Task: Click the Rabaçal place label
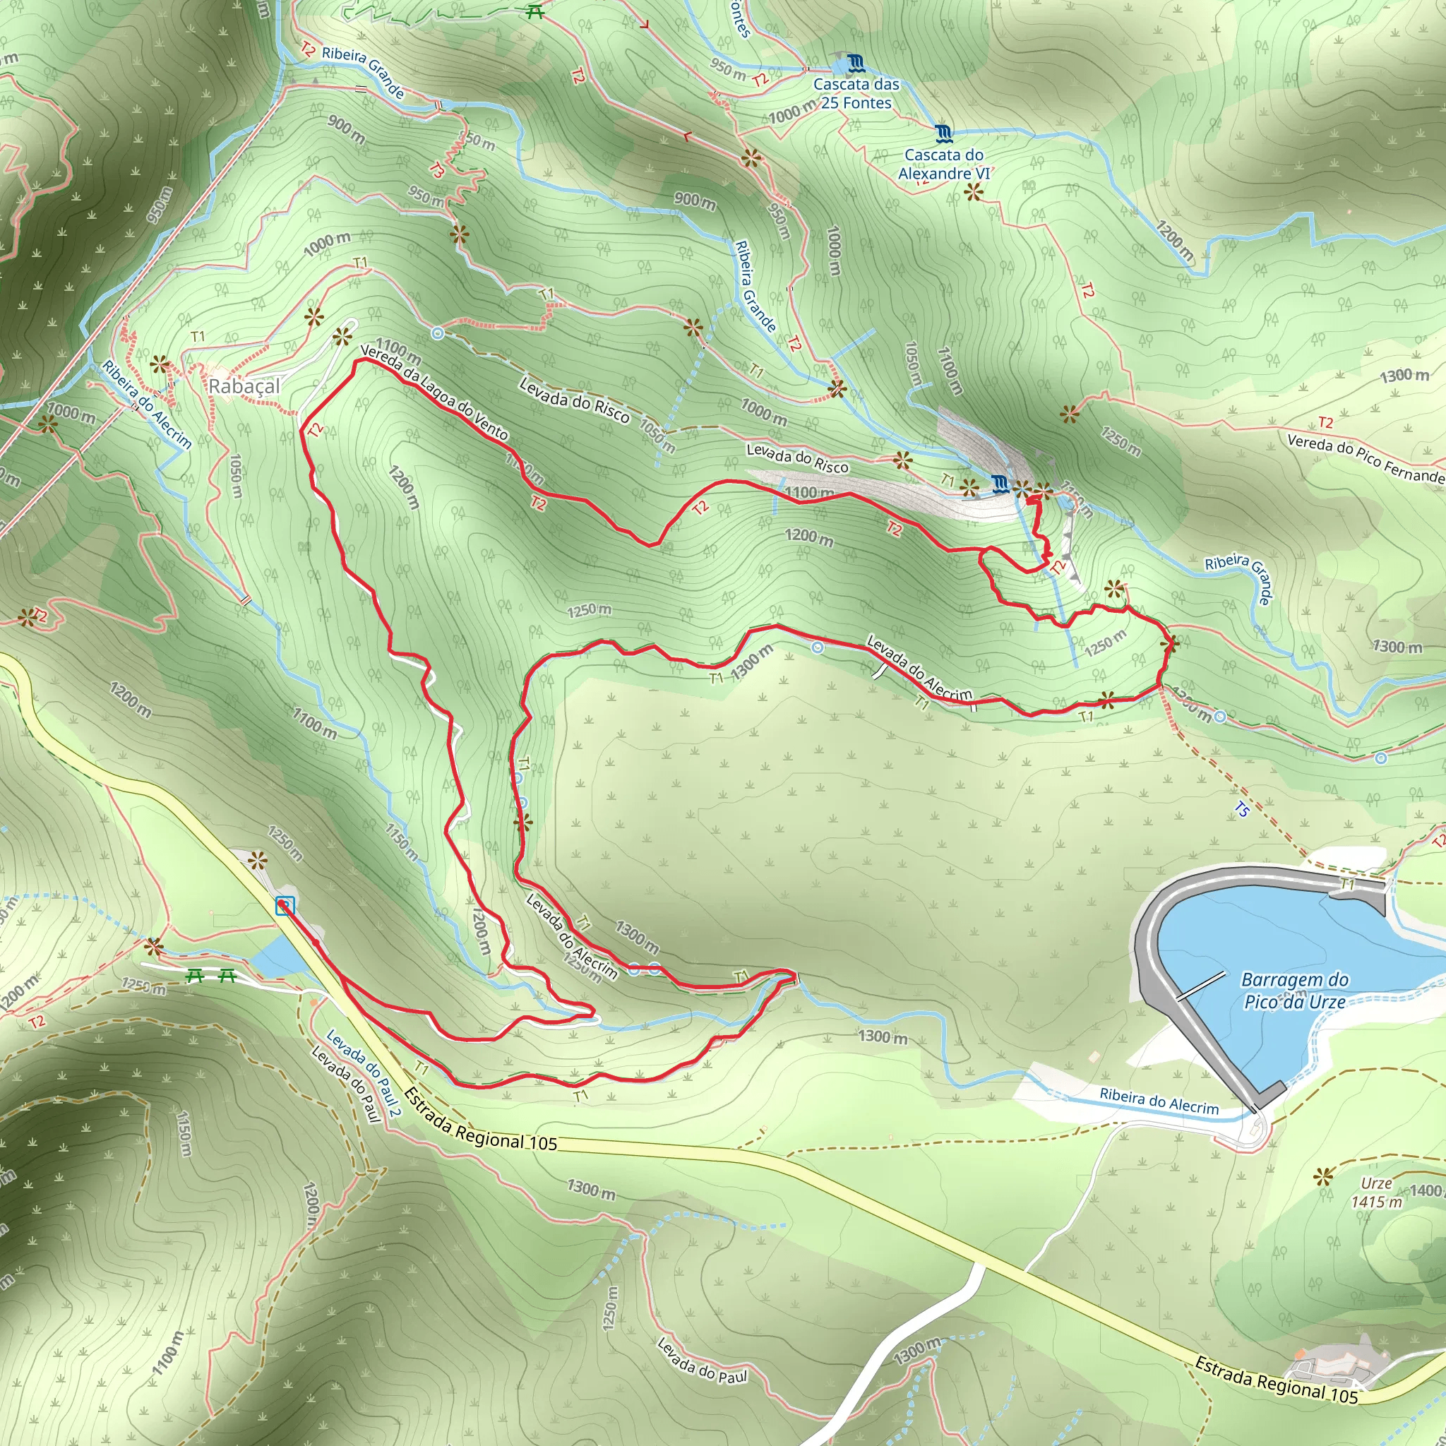(x=244, y=386)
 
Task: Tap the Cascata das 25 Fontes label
(x=856, y=94)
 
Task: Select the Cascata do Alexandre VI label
(x=944, y=164)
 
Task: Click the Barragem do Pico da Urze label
(x=1295, y=990)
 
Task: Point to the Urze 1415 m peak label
(x=1376, y=1193)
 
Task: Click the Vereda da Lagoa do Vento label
(x=434, y=392)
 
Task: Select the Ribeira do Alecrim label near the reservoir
(x=1159, y=1101)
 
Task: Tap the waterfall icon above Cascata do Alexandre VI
(x=945, y=134)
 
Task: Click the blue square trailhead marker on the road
(x=285, y=906)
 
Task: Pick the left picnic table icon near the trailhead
(x=196, y=975)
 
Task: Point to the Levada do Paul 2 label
(x=364, y=1072)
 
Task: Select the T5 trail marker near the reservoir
(x=1242, y=809)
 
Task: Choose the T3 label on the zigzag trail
(x=436, y=171)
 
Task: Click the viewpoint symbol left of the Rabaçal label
(x=160, y=365)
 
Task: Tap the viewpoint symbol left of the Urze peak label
(x=1323, y=1177)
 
